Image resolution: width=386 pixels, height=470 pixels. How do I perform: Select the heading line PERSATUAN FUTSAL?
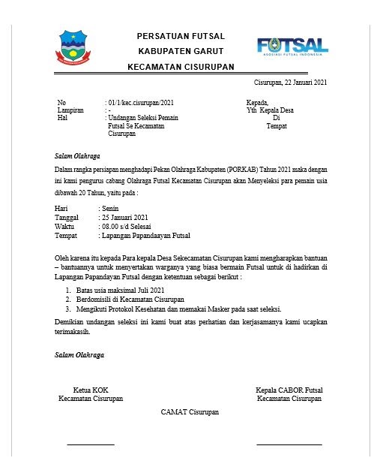pos(181,36)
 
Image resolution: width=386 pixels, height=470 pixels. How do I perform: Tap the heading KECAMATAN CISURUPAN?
pos(181,66)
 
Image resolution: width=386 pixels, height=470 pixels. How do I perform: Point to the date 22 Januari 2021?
pos(301,82)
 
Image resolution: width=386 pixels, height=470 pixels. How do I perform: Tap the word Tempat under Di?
pos(277,126)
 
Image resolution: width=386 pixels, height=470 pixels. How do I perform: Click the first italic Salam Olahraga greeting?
pos(78,156)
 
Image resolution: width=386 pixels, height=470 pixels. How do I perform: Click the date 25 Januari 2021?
pos(125,217)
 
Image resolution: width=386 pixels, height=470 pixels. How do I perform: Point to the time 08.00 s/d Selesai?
pos(130,226)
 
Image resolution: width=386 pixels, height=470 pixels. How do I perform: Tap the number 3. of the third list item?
pos(68,307)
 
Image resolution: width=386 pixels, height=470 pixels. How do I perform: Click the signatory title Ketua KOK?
pos(91,390)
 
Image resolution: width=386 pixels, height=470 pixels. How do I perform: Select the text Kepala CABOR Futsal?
pos(289,390)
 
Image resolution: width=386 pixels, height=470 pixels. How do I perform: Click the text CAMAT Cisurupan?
pos(190,412)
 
